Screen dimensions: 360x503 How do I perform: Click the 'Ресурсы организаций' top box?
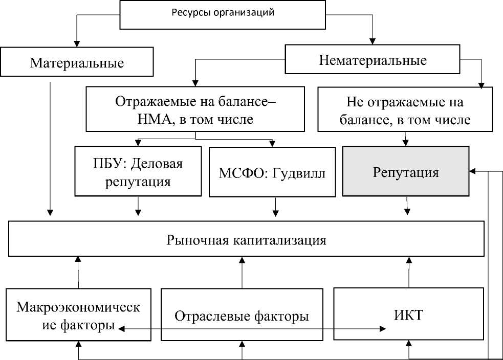[223, 14]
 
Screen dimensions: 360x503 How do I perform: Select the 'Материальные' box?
[77, 63]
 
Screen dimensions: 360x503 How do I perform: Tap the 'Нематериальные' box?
[373, 60]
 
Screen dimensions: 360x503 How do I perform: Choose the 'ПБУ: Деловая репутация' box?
[138, 172]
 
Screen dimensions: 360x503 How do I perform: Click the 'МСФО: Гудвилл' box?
[273, 172]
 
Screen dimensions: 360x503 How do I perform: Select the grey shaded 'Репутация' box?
[406, 172]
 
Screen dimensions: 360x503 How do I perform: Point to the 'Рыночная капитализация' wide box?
[246, 239]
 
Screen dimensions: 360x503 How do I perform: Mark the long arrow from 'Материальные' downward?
[50, 148]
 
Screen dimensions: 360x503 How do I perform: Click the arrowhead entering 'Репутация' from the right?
[473, 171]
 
